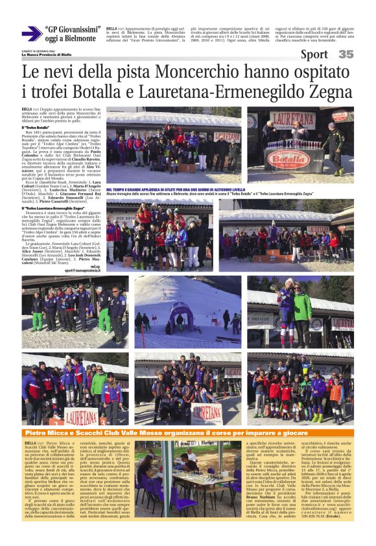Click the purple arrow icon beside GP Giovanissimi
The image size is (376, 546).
pos(30,33)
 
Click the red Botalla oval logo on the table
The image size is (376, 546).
pos(287,158)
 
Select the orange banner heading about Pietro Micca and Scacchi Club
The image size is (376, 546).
pos(188,433)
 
